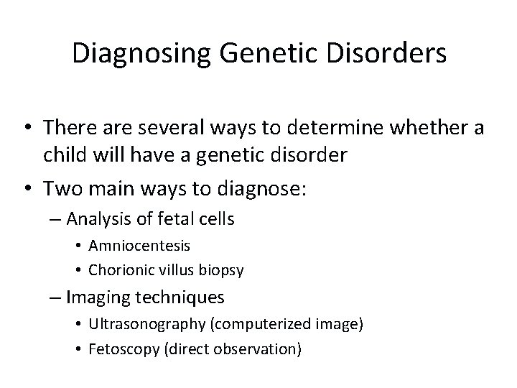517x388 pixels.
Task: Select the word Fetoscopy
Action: pyautogui.click(x=119, y=349)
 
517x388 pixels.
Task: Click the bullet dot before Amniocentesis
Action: pyautogui.click(x=79, y=246)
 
